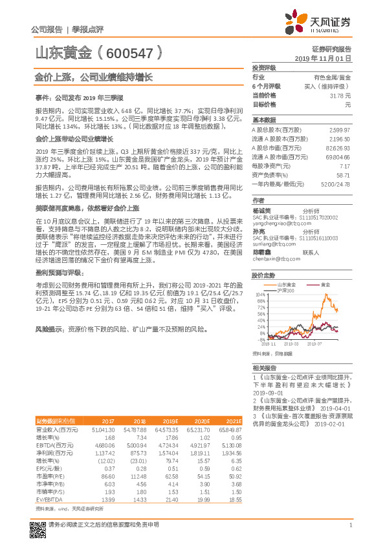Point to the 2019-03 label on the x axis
[x=288, y=344]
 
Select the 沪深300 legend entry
[x=286, y=290]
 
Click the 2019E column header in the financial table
[x=171, y=420]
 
